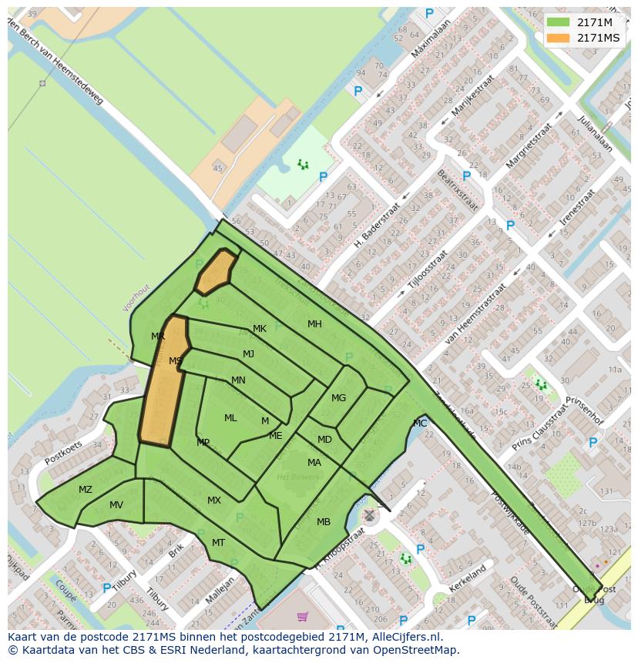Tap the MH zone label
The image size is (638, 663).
point(314,324)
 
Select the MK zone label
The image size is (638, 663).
point(260,329)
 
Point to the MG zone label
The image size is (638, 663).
point(338,398)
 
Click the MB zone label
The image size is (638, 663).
point(324,522)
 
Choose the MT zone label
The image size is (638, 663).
point(218,543)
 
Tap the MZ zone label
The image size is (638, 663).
point(86,490)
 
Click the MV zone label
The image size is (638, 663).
point(116,505)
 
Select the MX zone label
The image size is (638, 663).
point(214,501)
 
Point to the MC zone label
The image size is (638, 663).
point(420,424)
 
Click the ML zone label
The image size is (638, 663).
point(230,418)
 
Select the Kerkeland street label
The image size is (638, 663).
point(468,579)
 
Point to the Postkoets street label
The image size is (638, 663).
point(63,452)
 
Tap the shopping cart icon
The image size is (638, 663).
point(302,616)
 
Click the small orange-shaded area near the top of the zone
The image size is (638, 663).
point(216,271)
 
